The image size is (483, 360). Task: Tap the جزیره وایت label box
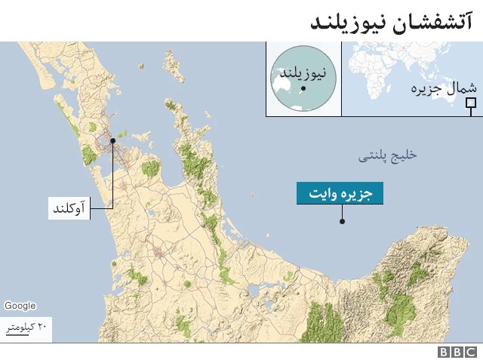pyautogui.click(x=340, y=193)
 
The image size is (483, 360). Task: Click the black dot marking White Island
pyautogui.click(x=342, y=221)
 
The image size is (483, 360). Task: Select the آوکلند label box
pyautogui.click(x=69, y=207)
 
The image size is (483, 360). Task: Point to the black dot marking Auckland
pyautogui.click(x=112, y=140)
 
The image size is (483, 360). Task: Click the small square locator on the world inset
pyautogui.click(x=471, y=103)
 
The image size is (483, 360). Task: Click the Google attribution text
pyautogui.click(x=20, y=306)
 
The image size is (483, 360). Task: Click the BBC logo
pyautogui.click(x=457, y=352)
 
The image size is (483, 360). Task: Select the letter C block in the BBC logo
pyautogui.click(x=470, y=352)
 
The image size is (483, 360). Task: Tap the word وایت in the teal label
pyautogui.click(x=325, y=193)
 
